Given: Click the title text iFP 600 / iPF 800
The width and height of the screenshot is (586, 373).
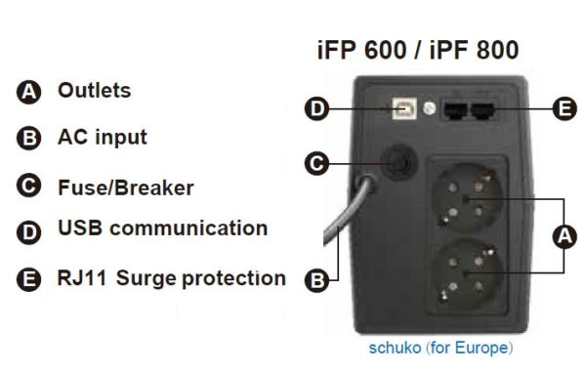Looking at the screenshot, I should coord(419,50).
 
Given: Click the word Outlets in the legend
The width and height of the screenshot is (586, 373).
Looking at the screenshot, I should coord(94,91).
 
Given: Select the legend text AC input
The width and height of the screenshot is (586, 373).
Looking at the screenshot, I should coord(103,137).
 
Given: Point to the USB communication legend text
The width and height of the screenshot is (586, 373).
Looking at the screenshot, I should coord(162,228).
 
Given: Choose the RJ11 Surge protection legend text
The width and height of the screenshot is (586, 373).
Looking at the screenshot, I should coord(172,278).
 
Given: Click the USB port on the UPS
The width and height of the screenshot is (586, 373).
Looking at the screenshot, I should coord(402,109).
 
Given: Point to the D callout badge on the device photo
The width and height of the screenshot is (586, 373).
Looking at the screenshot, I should coord(315,108).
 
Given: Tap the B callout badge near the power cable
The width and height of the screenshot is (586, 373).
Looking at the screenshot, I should coord(315,281).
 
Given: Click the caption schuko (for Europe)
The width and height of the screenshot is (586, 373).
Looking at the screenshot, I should coord(440,348).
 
